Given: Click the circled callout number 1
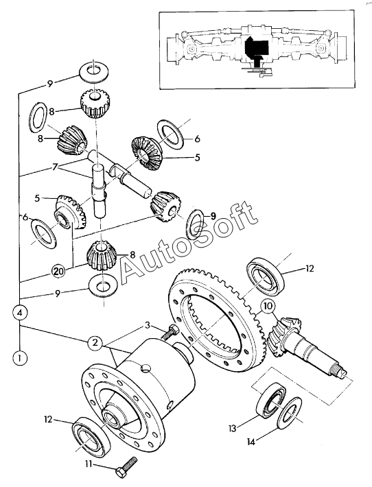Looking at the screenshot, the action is click(x=20, y=358).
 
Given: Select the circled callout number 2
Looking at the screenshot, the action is click(x=95, y=342).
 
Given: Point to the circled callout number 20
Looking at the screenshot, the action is click(x=59, y=270).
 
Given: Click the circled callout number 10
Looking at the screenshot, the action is click(x=268, y=306).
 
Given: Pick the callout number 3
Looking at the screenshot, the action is click(x=148, y=326).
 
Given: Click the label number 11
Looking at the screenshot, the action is click(x=89, y=464).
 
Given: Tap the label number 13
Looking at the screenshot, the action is click(x=233, y=428).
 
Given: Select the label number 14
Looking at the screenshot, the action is click(x=251, y=441).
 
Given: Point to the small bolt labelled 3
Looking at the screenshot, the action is click(x=170, y=333).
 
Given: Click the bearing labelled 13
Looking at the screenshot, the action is click(x=271, y=400).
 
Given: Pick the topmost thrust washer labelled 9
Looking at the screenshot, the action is click(x=93, y=72).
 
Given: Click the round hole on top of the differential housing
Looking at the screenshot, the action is click(x=146, y=369).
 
